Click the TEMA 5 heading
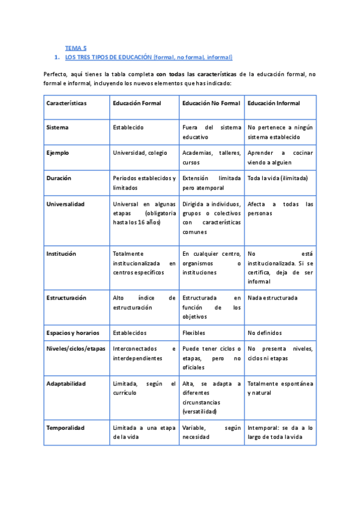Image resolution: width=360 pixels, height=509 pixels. (76, 47)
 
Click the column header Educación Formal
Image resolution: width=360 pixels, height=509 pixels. (137, 103)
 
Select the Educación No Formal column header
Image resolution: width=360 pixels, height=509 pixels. (211, 103)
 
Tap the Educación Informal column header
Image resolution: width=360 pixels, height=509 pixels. (274, 103)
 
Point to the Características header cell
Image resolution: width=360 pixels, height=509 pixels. (66, 103)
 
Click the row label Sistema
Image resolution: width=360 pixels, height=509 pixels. (57, 127)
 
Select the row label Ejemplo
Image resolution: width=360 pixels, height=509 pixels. (58, 152)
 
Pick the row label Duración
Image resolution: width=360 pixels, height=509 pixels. (59, 178)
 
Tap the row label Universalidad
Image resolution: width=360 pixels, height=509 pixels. (65, 203)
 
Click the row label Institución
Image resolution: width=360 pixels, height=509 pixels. (61, 253)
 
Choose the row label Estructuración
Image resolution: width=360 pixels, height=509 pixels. (66, 297)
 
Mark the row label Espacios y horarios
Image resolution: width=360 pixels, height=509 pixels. (74, 333)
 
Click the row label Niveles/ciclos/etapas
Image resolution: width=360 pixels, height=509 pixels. (75, 348)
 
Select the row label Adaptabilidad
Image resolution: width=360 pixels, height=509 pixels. (66, 383)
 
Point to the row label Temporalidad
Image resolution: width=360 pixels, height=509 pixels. (65, 427)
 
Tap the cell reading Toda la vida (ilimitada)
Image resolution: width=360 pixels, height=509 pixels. (277, 178)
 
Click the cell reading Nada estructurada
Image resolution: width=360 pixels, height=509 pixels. (272, 297)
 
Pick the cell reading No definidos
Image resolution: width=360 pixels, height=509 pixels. (265, 333)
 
